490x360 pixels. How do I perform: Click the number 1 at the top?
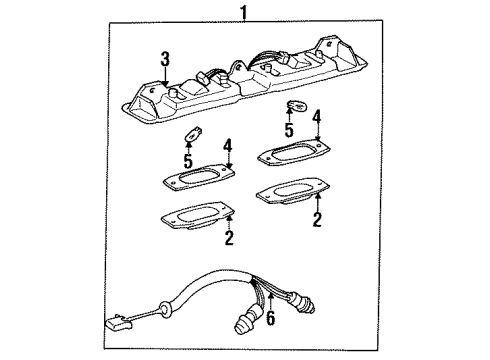[x=240, y=12]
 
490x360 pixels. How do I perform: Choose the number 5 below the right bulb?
[x=288, y=130]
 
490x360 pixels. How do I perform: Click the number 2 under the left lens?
[x=228, y=238]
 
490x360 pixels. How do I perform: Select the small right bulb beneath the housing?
[x=297, y=109]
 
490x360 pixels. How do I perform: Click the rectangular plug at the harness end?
[x=116, y=322]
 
